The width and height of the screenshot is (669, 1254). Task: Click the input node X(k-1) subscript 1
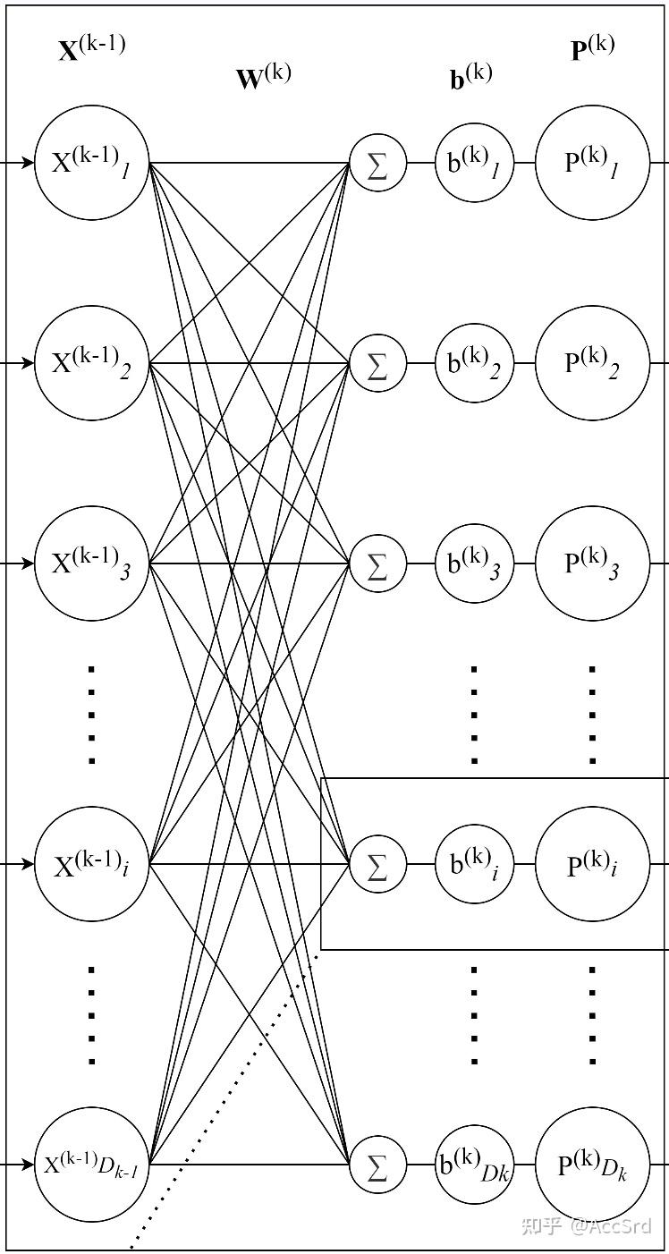click(91, 164)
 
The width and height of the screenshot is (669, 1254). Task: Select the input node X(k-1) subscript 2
click(91, 363)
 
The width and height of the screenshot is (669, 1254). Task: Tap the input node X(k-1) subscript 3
click(91, 563)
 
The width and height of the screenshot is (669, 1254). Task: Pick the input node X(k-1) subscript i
click(91, 864)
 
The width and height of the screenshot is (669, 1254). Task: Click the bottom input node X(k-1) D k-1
click(91, 1165)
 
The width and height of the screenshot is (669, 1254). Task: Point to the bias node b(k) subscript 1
click(474, 164)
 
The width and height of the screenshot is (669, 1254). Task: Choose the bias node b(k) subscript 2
click(474, 363)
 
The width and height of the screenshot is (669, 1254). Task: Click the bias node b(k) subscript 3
click(474, 563)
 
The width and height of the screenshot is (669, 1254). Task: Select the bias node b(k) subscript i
click(474, 864)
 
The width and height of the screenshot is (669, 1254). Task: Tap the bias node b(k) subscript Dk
click(474, 1165)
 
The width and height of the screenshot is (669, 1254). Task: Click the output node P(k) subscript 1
click(592, 164)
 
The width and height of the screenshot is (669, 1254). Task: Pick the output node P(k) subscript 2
click(592, 363)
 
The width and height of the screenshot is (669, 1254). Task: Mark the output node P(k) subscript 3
click(592, 563)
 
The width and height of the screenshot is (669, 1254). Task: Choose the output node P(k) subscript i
click(592, 864)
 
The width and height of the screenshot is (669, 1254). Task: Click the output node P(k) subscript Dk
click(592, 1165)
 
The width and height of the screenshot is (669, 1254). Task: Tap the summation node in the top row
click(377, 165)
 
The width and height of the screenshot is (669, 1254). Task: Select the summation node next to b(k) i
click(377, 864)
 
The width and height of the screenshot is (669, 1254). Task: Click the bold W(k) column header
click(263, 77)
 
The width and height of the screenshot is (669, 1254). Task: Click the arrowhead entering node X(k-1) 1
click(28, 164)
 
